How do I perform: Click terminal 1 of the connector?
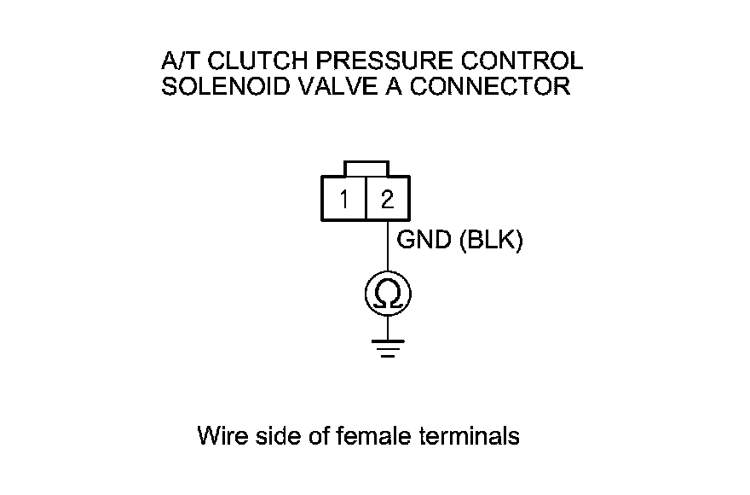point(343,200)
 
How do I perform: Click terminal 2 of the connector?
point(387,200)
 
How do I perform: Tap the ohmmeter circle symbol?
point(388,295)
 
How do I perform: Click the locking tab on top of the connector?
point(366,168)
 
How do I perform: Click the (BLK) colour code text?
point(490,242)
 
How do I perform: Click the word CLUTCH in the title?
point(254,61)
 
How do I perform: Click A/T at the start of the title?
point(178,61)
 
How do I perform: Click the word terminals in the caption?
point(470,436)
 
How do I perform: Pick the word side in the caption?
point(274,436)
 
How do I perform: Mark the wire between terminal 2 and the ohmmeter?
point(388,248)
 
